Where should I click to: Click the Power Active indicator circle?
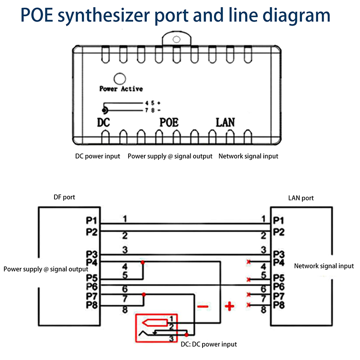pyautogui.click(x=119, y=79)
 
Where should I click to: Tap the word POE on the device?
pyautogui.click(x=169, y=122)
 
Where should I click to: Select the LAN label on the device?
pyautogui.click(x=225, y=122)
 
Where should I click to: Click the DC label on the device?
pyautogui.click(x=103, y=122)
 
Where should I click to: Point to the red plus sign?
pyautogui.click(x=229, y=307)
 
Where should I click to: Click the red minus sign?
pyautogui.click(x=203, y=307)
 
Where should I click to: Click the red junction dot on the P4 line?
pyautogui.click(x=143, y=262)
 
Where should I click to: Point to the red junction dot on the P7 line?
pyautogui.click(x=144, y=295)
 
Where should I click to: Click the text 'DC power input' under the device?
pyautogui.click(x=98, y=156)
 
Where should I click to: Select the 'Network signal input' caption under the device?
pyautogui.click(x=248, y=156)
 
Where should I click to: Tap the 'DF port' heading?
pyautogui.click(x=64, y=197)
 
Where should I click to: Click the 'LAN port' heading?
pyautogui.click(x=301, y=198)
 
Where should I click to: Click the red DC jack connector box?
pyautogui.click(x=157, y=328)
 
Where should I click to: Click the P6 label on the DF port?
pyautogui.click(x=92, y=286)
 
